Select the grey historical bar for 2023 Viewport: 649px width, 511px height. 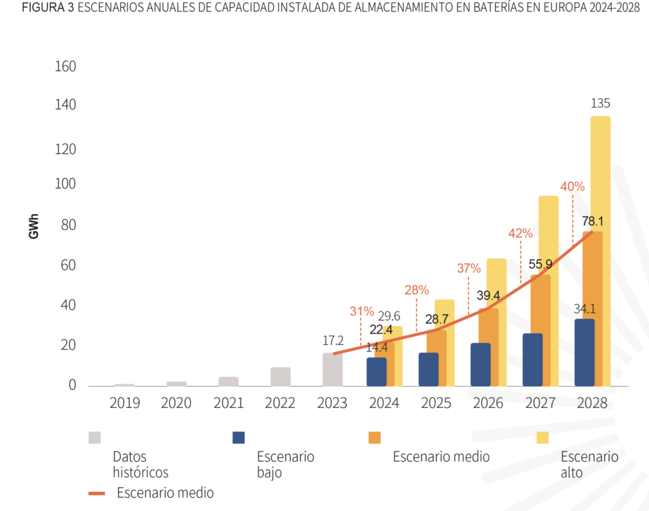333,370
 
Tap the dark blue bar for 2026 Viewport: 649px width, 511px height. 480,365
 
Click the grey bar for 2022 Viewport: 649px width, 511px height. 280,377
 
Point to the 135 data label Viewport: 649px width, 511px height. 600,104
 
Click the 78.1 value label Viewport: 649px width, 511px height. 592,222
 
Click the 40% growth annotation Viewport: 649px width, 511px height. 572,187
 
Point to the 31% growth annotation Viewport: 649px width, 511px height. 361,312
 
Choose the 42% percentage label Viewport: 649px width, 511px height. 520,233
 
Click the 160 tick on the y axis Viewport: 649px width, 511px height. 66,66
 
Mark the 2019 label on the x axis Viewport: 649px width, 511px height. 124,403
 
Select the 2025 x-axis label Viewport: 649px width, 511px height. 436,403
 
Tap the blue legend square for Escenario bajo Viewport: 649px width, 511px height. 238,438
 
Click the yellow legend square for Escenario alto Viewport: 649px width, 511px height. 543,438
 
